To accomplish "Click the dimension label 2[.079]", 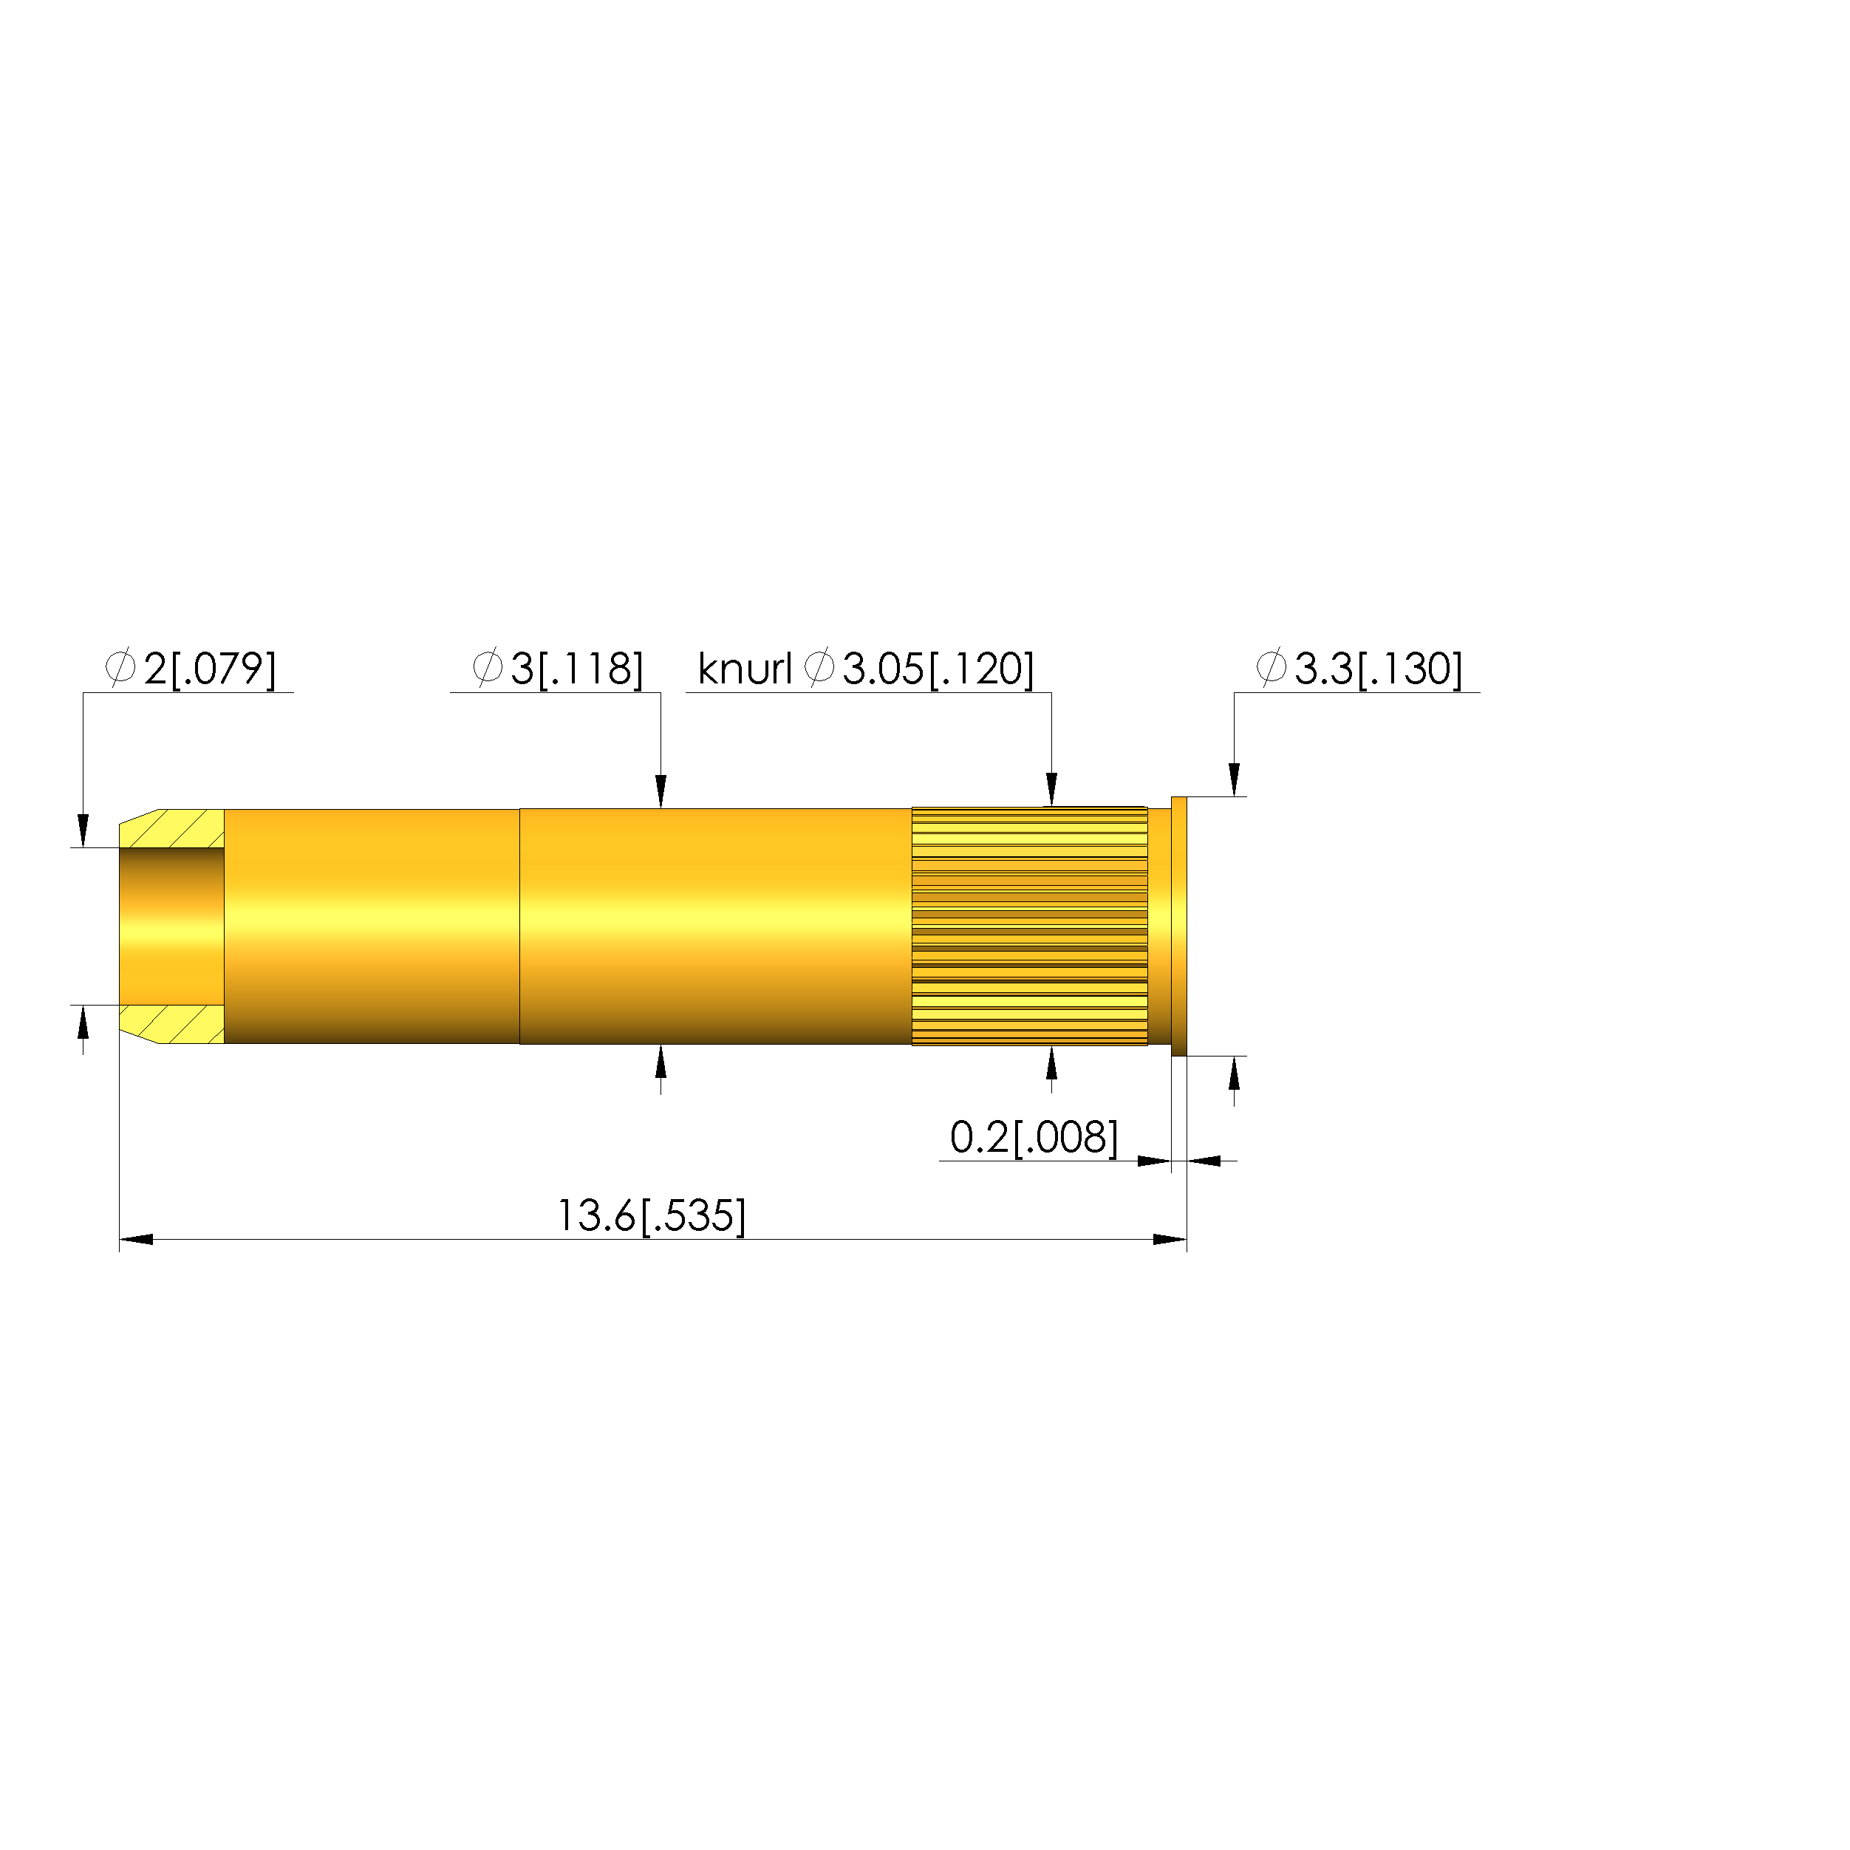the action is coord(210,669).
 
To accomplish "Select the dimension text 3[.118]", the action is coord(576,669).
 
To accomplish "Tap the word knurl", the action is coord(745,669).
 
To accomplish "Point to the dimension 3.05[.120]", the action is coord(938,669).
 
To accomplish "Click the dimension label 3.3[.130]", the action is coord(1379,669).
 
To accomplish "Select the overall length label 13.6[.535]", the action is coord(651,1216).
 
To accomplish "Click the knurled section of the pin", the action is coord(1029,926).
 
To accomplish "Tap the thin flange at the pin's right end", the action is coord(1178,926).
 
